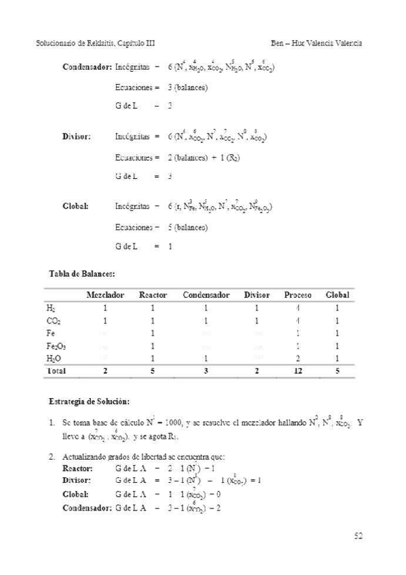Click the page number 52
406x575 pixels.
359,536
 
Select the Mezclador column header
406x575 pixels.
105,295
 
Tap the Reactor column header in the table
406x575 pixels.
153,295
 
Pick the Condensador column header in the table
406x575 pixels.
205,295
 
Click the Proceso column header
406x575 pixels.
298,295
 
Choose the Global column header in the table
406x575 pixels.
338,295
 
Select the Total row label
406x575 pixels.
55,370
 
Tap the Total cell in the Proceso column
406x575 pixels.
298,370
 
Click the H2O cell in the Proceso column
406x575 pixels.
298,357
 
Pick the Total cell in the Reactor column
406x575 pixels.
153,370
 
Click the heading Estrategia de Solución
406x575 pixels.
85,400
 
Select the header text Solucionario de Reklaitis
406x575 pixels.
75,43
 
